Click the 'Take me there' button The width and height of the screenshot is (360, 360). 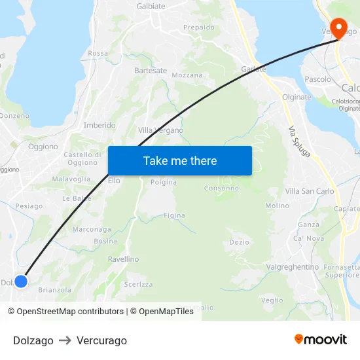click(179, 160)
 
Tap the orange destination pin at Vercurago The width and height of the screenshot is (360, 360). click(338, 28)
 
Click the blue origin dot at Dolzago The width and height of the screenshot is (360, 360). click(21, 281)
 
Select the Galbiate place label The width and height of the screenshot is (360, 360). click(151, 6)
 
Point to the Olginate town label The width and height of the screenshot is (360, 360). click(297, 97)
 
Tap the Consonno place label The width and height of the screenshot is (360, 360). click(221, 188)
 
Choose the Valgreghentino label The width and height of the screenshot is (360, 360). click(293, 267)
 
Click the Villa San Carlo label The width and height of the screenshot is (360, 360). click(310, 191)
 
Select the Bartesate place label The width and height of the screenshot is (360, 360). click(151, 71)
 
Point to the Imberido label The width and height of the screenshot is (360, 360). click(99, 125)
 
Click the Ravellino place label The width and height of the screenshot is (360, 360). click(123, 259)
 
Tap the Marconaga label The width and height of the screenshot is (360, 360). click(92, 229)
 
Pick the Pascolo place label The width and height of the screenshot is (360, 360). click(318, 79)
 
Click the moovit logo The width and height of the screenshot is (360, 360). click(320, 339)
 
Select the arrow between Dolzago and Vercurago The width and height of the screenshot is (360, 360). click(65, 340)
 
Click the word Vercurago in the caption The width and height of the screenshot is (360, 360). click(101, 340)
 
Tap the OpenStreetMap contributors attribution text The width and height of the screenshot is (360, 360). click(70, 312)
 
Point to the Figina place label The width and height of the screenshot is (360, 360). click(174, 215)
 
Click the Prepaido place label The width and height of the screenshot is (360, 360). click(199, 27)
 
